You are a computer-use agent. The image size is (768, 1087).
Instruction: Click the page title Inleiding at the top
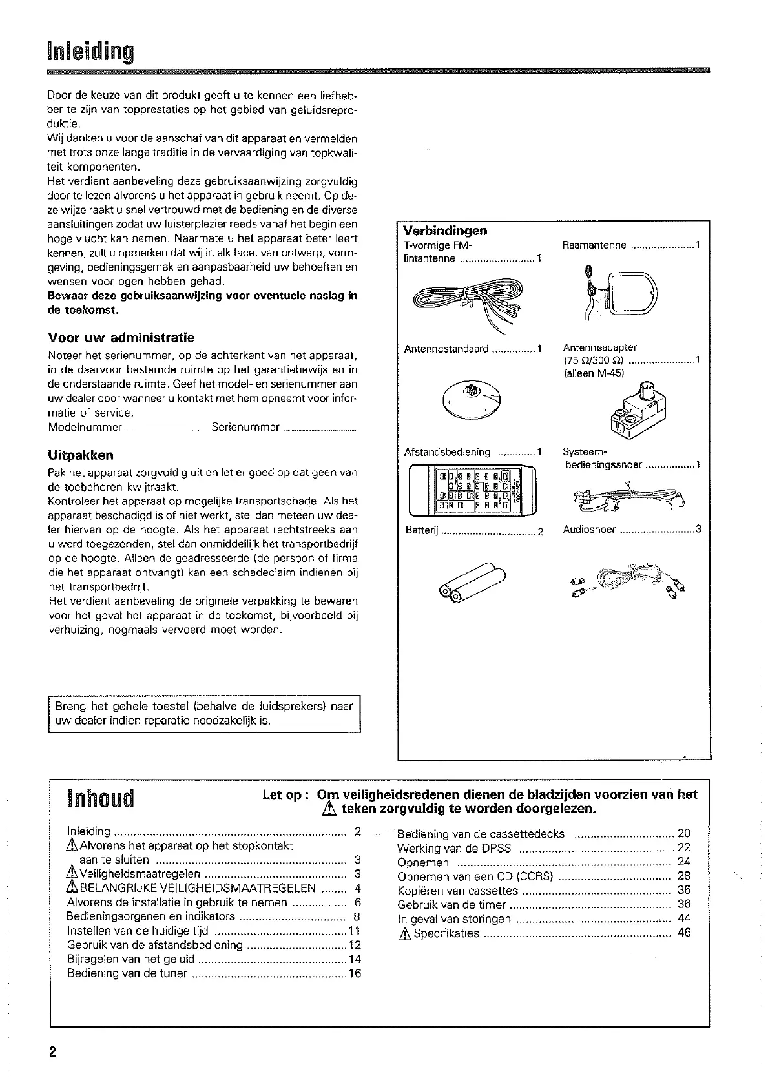[90, 51]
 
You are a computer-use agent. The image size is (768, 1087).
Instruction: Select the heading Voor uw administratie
[121, 338]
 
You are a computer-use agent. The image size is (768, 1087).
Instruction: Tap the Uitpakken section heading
[81, 455]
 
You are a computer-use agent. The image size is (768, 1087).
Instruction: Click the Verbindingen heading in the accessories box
[445, 231]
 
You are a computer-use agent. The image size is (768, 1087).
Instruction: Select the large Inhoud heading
[100, 798]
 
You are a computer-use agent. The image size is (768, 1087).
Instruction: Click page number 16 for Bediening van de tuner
[355, 973]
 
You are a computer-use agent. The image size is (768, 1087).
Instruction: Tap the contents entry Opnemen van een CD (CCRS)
[475, 876]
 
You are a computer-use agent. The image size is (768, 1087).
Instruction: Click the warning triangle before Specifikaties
[404, 933]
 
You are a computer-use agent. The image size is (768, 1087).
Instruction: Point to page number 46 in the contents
[684, 933]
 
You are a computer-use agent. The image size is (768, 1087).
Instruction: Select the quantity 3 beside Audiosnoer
[698, 530]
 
